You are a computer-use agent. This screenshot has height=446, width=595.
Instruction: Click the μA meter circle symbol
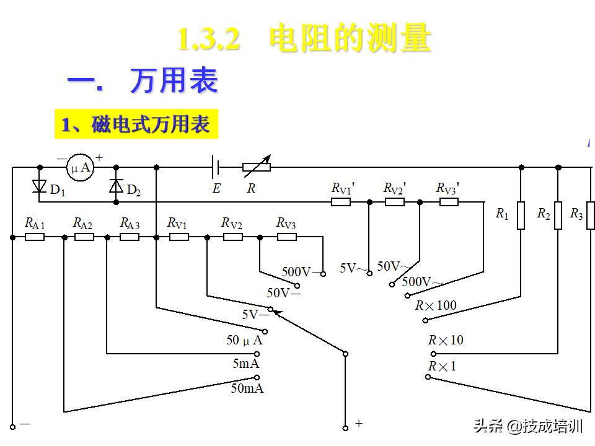point(79,167)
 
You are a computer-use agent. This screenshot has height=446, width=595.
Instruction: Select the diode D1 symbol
point(40,185)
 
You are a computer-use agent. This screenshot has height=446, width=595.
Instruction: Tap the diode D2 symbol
point(116,185)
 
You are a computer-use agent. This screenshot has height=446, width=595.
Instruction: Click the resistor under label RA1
point(35,237)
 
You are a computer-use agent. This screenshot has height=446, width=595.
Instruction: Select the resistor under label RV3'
point(449,201)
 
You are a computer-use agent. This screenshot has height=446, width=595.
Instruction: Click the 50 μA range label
point(244,340)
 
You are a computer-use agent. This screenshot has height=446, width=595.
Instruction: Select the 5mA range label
point(246,364)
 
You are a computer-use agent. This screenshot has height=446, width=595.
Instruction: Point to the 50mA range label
point(247,388)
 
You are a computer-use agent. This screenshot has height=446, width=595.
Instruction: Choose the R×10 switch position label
point(446,340)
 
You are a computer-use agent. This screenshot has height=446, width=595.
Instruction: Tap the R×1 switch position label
point(442,366)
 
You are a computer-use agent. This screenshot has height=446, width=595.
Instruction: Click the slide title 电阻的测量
point(350,38)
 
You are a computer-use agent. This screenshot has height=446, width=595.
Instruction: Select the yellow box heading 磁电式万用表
point(136,125)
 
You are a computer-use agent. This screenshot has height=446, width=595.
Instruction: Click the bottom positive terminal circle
point(346,427)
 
